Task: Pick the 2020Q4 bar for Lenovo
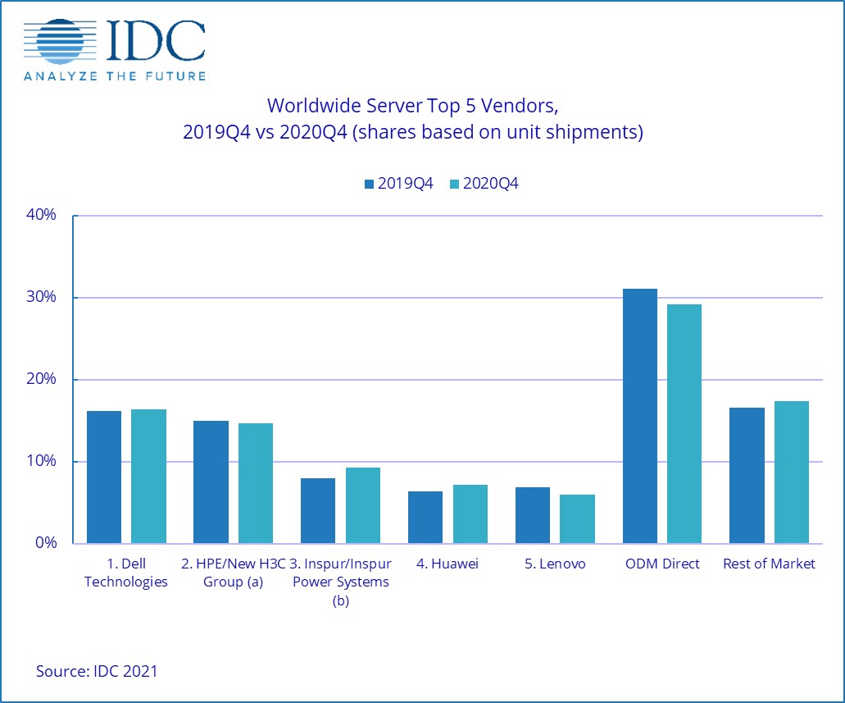(x=577, y=518)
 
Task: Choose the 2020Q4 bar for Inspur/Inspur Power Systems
(x=362, y=505)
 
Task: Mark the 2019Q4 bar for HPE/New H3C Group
(x=211, y=482)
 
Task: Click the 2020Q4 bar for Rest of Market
(x=791, y=472)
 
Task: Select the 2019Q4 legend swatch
(x=370, y=185)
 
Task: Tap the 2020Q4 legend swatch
(x=455, y=185)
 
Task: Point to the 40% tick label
(x=40, y=216)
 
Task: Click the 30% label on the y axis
(x=40, y=298)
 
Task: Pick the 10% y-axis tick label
(x=40, y=462)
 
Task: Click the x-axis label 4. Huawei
(x=447, y=564)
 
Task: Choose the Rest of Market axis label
(x=770, y=564)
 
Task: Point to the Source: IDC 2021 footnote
(x=97, y=671)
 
